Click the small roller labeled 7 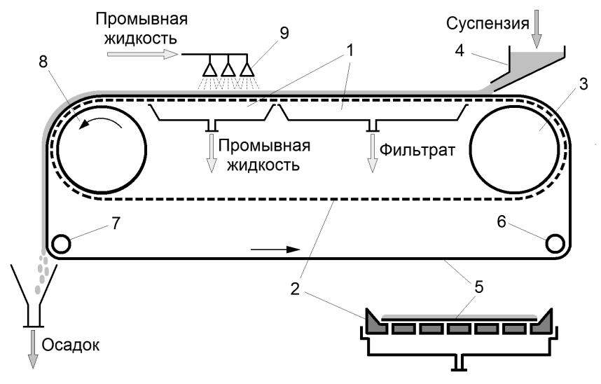click(x=61, y=244)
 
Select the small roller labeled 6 click(x=555, y=243)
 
